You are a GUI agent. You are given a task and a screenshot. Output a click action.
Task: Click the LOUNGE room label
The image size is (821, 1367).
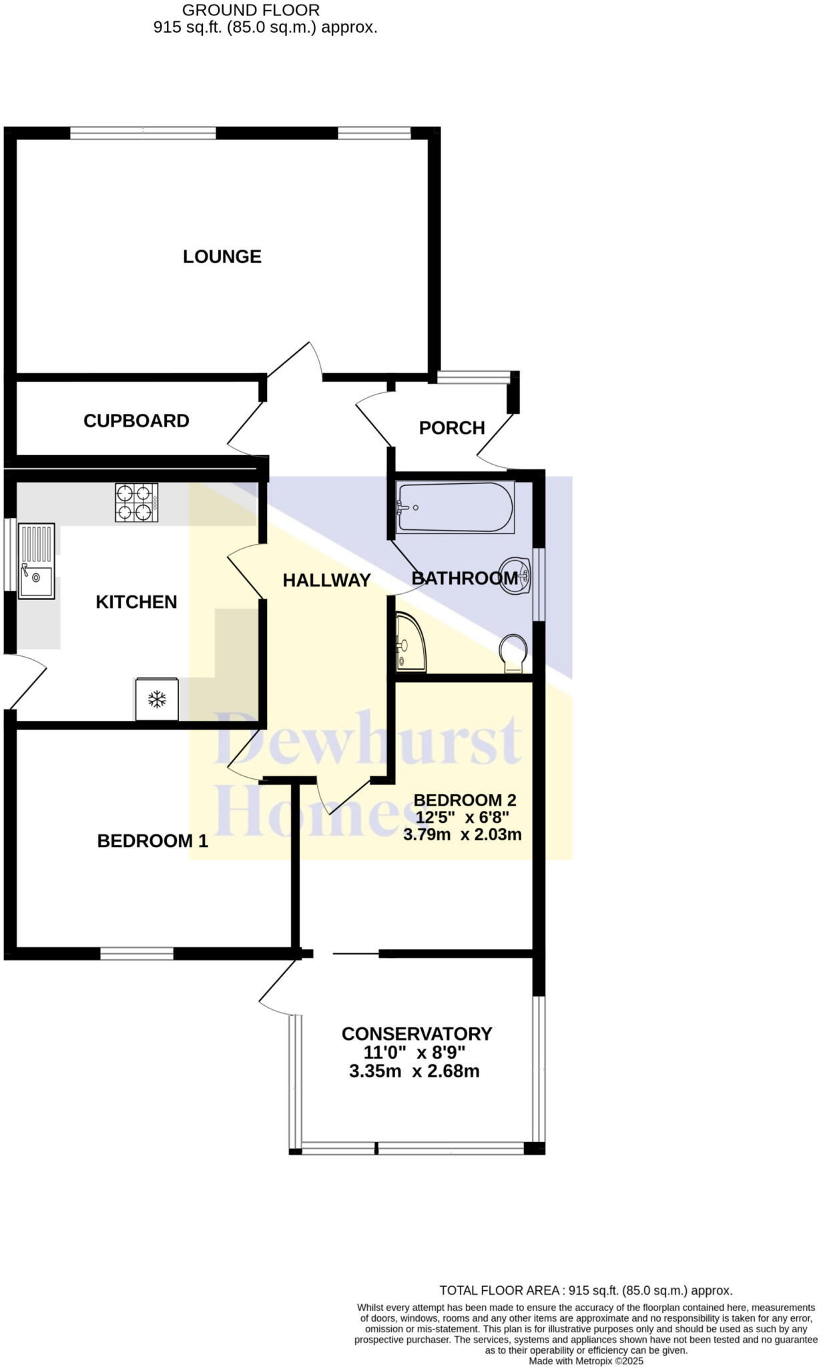222,256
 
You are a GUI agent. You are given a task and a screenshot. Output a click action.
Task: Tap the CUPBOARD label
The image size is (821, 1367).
136,421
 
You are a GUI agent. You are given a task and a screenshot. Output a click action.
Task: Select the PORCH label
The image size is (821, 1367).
452,428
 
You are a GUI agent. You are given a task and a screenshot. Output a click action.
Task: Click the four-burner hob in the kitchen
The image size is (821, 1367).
136,503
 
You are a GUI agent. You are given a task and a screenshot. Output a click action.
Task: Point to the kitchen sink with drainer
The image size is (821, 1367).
36,561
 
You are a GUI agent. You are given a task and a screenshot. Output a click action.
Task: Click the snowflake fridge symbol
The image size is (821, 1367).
157,700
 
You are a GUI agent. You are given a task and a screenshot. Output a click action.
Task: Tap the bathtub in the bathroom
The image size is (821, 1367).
455,507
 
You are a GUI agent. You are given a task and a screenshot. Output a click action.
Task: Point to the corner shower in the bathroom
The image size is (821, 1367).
409,643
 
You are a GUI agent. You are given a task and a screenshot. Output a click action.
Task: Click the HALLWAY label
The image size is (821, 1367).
326,580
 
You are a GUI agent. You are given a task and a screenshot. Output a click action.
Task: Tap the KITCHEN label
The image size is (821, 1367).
136,602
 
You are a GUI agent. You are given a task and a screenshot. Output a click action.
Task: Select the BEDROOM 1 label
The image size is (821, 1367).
152,841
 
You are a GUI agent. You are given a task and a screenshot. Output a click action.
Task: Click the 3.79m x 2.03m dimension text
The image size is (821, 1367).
462,834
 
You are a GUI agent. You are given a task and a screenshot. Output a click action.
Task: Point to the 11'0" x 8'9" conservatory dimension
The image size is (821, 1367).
414,1053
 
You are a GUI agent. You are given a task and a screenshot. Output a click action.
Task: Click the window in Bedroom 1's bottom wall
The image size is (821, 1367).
137,953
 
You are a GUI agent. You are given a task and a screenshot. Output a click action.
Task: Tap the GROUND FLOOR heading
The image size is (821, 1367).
250,10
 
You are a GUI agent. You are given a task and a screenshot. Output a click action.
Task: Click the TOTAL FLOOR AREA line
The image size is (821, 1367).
585,1290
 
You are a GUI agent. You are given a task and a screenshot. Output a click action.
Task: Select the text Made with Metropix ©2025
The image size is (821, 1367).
585,1360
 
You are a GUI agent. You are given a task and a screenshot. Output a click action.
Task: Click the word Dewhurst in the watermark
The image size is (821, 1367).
367,741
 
